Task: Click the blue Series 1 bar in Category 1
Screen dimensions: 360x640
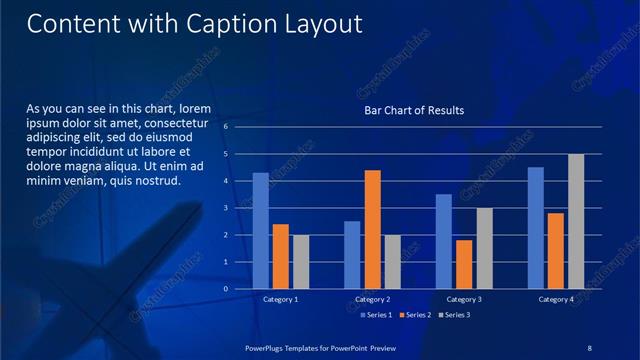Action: coord(260,230)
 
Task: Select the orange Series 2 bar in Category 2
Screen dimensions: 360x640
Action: coord(372,229)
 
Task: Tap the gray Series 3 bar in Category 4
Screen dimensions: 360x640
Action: coord(575,221)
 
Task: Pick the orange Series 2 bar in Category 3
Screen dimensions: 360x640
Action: coord(464,264)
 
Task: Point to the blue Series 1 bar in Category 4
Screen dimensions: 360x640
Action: coord(535,227)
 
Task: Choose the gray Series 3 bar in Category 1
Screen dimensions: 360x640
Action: coord(300,261)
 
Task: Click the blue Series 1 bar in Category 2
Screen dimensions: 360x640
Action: coord(352,254)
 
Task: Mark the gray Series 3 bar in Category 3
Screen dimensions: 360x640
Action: coord(483,248)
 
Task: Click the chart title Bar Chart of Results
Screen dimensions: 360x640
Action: coord(413,110)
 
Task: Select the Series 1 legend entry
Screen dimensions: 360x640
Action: coord(376,315)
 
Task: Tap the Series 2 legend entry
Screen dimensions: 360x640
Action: coord(415,315)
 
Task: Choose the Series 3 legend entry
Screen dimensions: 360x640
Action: coord(454,315)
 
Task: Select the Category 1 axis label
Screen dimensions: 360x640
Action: coord(280,299)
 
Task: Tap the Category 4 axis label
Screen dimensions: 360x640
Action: coord(556,299)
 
